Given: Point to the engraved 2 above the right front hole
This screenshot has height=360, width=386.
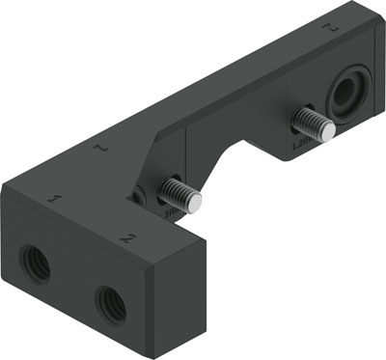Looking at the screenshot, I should pos(126,235).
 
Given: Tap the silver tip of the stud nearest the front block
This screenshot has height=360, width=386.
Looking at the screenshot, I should pos(196,201).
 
